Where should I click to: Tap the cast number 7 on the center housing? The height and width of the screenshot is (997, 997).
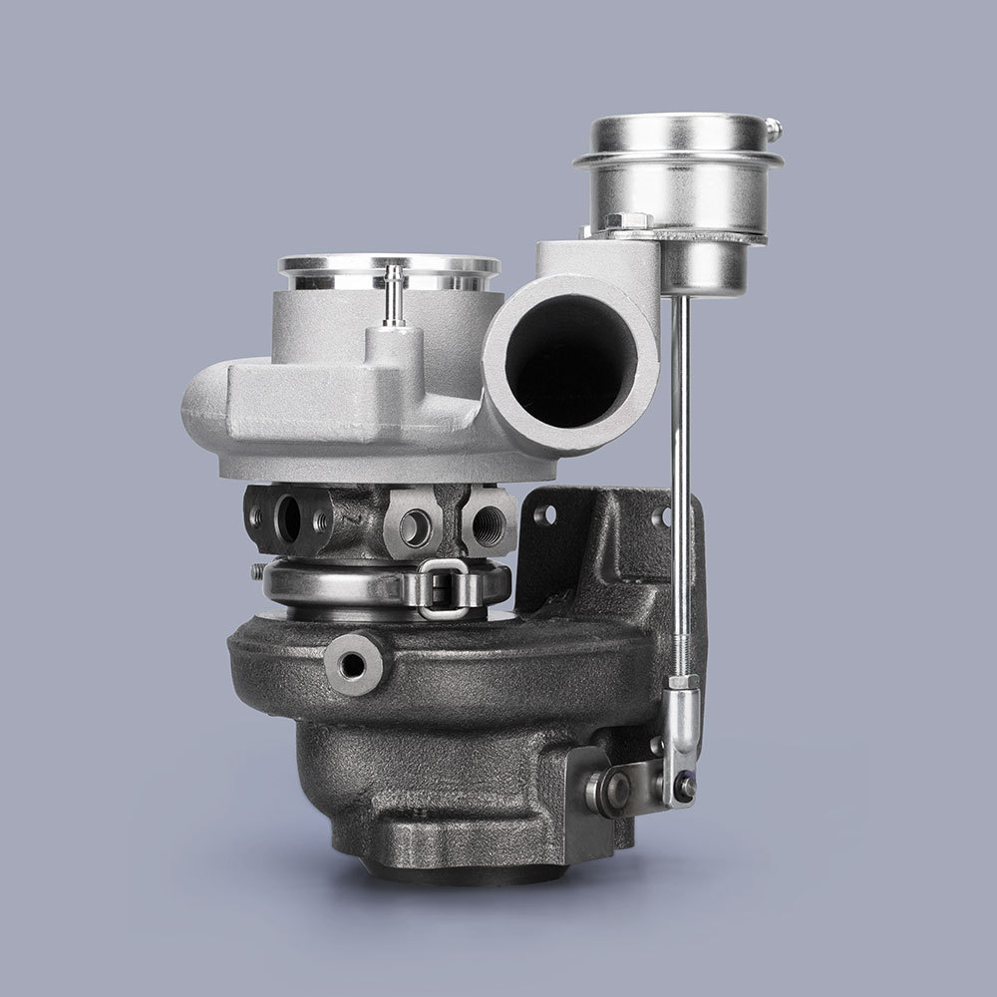coord(348,519)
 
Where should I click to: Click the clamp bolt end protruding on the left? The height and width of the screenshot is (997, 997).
coord(257,571)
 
